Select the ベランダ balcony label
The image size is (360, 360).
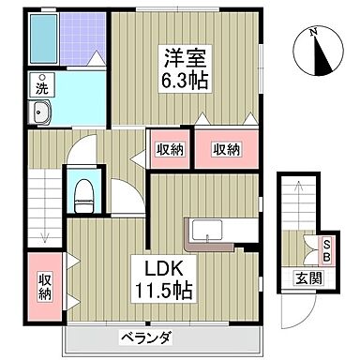(x=145, y=337)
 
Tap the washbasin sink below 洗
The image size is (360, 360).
(x=43, y=113)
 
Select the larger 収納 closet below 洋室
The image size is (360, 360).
(x=225, y=149)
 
